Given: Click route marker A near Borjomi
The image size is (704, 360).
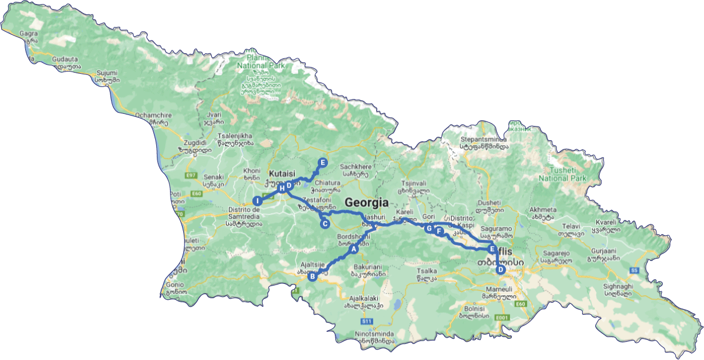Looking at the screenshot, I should [x=354, y=249].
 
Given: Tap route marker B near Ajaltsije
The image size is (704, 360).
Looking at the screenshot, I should [x=313, y=276].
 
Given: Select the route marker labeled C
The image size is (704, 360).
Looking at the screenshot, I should [x=325, y=224].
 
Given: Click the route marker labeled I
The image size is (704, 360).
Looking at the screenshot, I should [x=258, y=201].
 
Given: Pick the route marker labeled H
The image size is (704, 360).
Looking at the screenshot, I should [x=281, y=188].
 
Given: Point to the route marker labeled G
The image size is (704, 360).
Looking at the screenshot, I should [x=429, y=228].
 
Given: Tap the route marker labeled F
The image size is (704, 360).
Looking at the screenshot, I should [x=439, y=231].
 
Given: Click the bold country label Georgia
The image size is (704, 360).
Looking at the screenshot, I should [x=366, y=203].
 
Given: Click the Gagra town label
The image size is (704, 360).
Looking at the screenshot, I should [x=28, y=34].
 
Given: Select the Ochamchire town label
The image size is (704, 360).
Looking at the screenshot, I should [x=151, y=115].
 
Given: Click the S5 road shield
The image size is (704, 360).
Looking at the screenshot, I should [x=634, y=270].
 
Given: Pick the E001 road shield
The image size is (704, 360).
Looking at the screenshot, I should [x=503, y=317].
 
